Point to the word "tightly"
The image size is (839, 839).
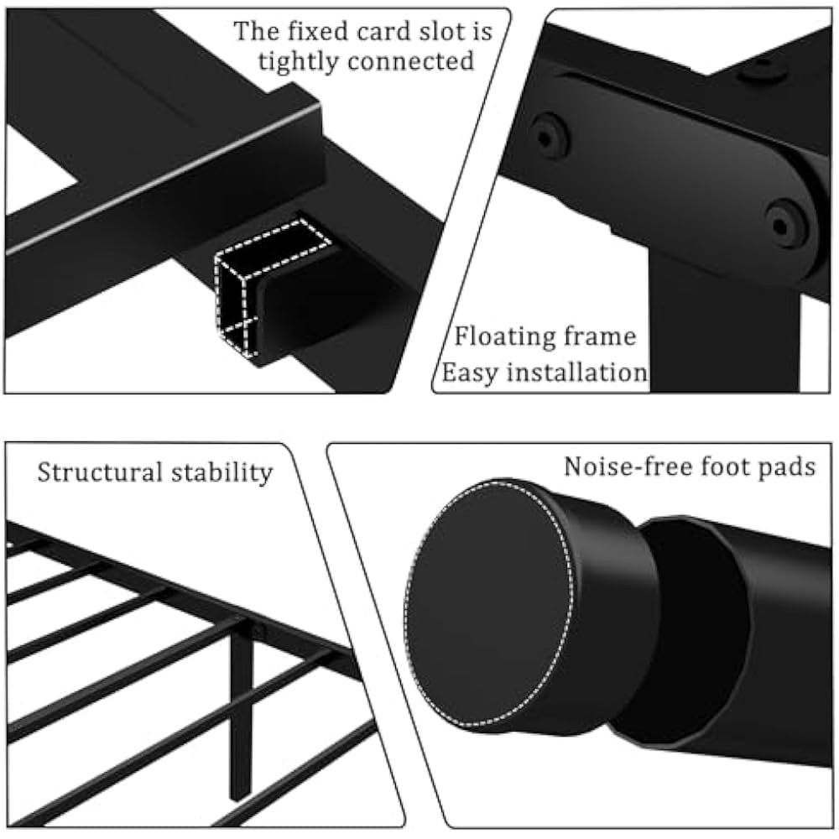click(x=300, y=60)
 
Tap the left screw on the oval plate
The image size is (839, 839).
click(x=550, y=134)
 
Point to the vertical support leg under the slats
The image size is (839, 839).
click(x=241, y=713)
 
